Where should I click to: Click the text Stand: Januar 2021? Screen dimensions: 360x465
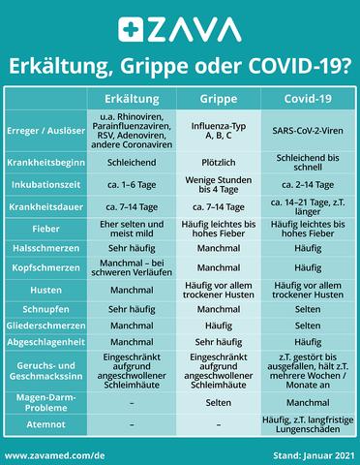tap(310, 453)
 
